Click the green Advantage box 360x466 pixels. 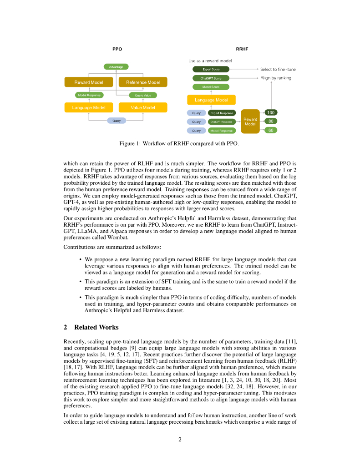point(116,67)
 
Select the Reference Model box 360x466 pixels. point(143,82)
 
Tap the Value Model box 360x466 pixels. point(143,108)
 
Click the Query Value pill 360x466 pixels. point(143,96)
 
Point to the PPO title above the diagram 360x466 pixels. point(117,49)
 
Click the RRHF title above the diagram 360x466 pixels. point(242,49)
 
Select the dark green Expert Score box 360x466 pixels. point(211,69)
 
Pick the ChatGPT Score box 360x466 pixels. point(211,78)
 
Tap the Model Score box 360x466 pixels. point(211,87)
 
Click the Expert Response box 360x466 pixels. point(222,113)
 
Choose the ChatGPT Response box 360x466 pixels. point(222,122)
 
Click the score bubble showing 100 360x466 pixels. point(271,112)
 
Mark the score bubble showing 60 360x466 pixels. point(271,131)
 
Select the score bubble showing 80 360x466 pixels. point(271,122)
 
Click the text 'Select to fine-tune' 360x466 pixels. point(278,70)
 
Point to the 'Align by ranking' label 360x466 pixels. point(276,78)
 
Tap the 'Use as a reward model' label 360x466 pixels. point(210,61)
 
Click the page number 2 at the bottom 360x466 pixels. point(180,439)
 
